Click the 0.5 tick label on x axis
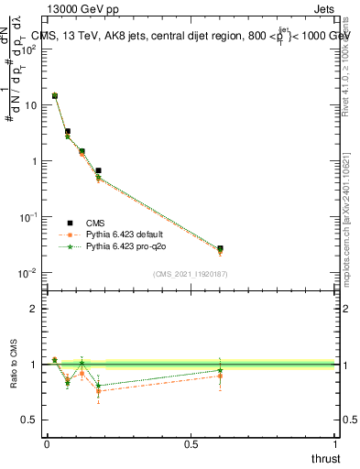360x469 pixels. [191, 444]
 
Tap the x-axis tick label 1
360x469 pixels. [337, 444]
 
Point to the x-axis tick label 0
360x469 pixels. [47, 444]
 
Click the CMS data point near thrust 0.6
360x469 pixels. [220, 248]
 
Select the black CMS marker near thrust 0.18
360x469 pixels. [98, 170]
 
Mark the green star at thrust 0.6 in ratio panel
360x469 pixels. [220, 370]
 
